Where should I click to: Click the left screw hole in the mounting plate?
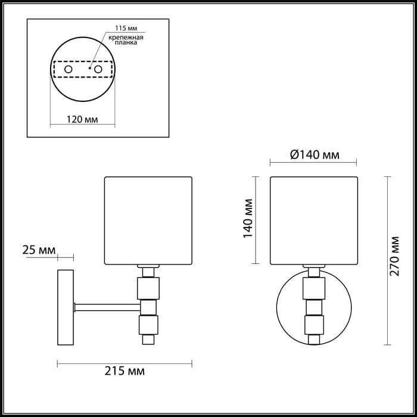coord(69,70)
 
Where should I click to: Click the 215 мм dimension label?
coord(125,372)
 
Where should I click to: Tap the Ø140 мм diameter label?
coord(314,155)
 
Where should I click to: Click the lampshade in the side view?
coord(148,220)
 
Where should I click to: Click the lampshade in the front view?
coord(313,220)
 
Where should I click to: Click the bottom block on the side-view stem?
coord(147,325)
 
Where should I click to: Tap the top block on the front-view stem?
coord(313,289)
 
